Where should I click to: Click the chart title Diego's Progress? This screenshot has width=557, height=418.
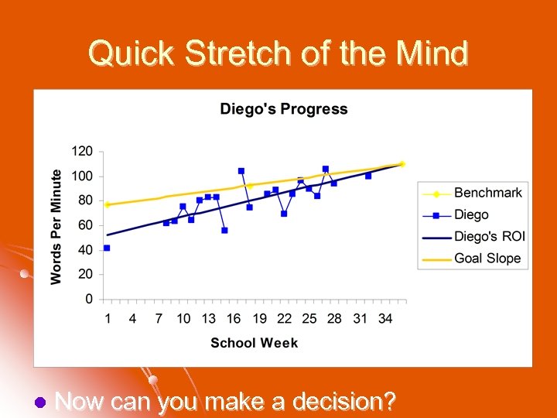click(x=283, y=109)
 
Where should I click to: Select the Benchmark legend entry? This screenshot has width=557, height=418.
click(x=487, y=193)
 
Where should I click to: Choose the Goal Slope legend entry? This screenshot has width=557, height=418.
click(x=487, y=258)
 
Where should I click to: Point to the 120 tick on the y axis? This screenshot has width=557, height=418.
click(x=81, y=150)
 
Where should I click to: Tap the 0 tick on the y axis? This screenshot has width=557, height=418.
click(x=88, y=299)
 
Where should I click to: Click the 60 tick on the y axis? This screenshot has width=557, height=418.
click(x=84, y=224)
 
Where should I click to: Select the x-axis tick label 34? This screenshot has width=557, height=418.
click(x=385, y=318)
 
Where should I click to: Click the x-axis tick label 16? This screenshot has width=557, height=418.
click(x=234, y=318)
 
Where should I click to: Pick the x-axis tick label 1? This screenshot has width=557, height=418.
click(x=107, y=318)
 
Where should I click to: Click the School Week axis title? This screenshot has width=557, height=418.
click(x=254, y=343)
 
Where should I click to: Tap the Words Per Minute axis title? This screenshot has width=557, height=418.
click(x=56, y=226)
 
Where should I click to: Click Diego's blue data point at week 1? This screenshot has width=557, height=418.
click(x=107, y=248)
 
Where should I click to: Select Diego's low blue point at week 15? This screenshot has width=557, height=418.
click(x=224, y=230)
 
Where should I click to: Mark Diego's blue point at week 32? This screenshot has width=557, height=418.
click(x=368, y=176)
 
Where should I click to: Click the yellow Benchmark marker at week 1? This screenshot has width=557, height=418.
click(x=107, y=204)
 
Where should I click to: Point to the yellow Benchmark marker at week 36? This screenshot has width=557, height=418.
click(x=402, y=164)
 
